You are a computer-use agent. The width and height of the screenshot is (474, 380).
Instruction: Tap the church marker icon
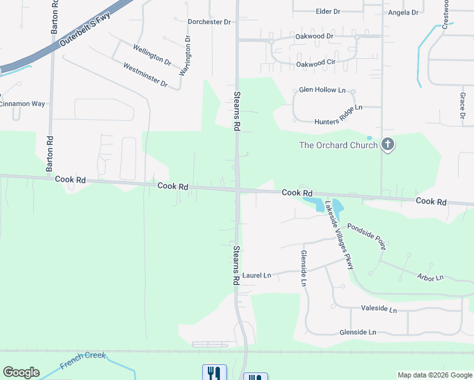(x=388, y=146)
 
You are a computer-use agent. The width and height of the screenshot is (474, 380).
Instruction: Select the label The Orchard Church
(x=338, y=145)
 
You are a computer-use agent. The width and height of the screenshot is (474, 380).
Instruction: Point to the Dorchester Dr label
(x=209, y=22)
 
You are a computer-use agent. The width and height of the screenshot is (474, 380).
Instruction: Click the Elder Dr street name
(x=328, y=11)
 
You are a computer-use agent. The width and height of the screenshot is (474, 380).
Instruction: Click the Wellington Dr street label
(x=152, y=55)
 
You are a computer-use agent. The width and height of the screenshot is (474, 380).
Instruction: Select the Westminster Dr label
(x=145, y=75)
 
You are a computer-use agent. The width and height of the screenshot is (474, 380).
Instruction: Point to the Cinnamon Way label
(x=22, y=103)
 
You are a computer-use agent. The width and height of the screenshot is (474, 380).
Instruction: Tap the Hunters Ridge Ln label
(x=338, y=114)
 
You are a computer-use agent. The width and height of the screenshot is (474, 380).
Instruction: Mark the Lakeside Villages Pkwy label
(x=339, y=235)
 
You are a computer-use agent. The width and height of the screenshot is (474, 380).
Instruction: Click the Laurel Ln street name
(x=257, y=275)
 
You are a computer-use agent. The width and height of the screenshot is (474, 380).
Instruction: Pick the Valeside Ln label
(x=378, y=310)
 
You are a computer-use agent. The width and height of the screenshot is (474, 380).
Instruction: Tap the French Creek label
(x=83, y=360)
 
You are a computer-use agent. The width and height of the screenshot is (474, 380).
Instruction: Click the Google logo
(x=21, y=372)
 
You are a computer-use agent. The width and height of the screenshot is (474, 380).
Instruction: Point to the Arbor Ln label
(x=430, y=277)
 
